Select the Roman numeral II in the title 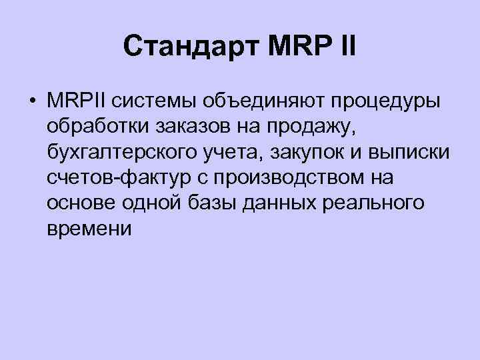[347, 47]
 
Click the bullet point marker [31, 101]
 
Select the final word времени [89, 229]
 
